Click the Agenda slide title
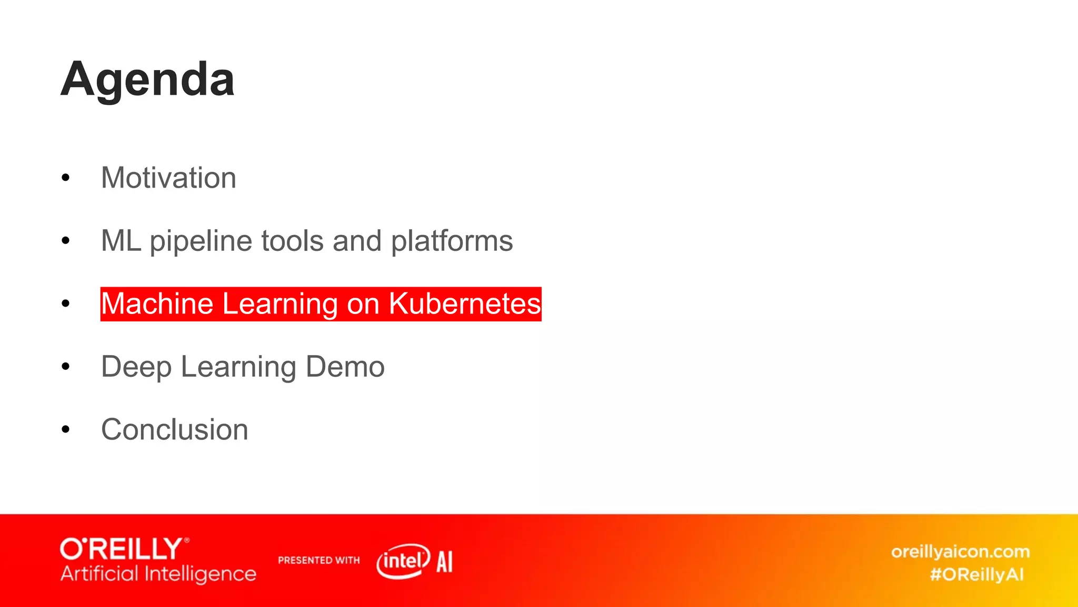(x=147, y=80)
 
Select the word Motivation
(x=168, y=178)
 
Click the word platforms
(x=452, y=241)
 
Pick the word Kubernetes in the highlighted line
(x=465, y=304)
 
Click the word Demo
(x=345, y=367)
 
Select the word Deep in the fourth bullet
(x=136, y=367)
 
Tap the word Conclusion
(x=174, y=429)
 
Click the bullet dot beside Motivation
(x=65, y=178)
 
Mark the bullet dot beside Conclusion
(x=65, y=429)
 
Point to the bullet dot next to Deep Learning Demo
(x=65, y=367)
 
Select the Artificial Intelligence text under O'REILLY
(x=158, y=574)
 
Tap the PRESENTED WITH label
(x=318, y=560)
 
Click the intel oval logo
(x=403, y=561)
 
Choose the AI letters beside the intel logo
(x=444, y=562)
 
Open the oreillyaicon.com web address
(x=960, y=552)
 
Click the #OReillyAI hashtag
(x=977, y=574)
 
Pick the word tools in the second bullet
(x=292, y=241)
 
